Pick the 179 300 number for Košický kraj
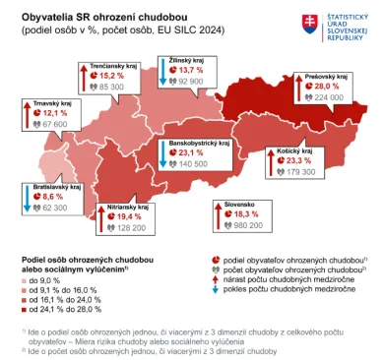tap(295, 172)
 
